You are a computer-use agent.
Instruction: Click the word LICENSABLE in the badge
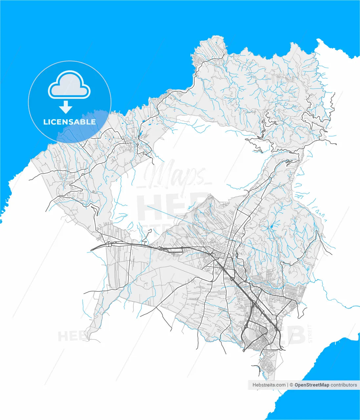click(x=70, y=122)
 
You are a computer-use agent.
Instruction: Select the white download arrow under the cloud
click(x=66, y=107)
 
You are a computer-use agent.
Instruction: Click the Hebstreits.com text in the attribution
click(x=269, y=385)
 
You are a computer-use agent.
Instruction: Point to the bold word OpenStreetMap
click(x=312, y=385)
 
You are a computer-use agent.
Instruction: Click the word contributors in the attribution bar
click(x=344, y=385)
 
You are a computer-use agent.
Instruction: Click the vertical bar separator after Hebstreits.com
click(x=288, y=385)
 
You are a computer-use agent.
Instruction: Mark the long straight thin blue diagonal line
click(x=210, y=230)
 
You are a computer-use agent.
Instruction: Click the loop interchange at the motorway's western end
click(x=108, y=244)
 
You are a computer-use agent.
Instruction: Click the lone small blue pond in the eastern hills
click(x=271, y=227)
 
